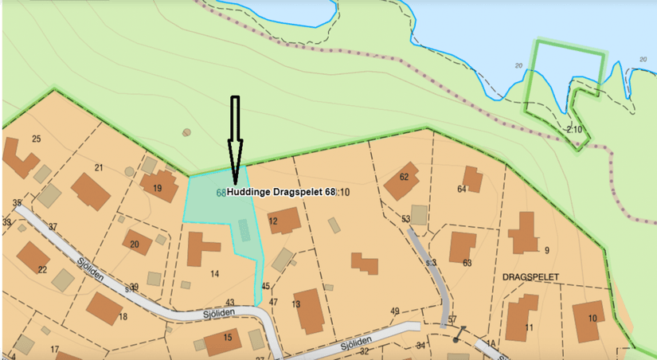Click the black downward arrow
pyautogui.click(x=235, y=139)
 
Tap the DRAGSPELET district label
pyautogui.click(x=531, y=276)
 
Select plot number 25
pyautogui.click(x=36, y=139)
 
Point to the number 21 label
pyautogui.click(x=99, y=167)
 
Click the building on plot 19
pyautogui.click(x=158, y=186)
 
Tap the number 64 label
pyautogui.click(x=461, y=190)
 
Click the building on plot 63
pyautogui.click(x=463, y=247)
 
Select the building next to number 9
pyautogui.click(x=523, y=233)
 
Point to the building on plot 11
pyautogui.click(x=522, y=318)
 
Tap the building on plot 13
pyautogui.click(x=309, y=310)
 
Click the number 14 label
pyautogui.click(x=214, y=274)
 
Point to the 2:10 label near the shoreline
pyautogui.click(x=574, y=129)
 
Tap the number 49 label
pyautogui.click(x=394, y=311)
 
